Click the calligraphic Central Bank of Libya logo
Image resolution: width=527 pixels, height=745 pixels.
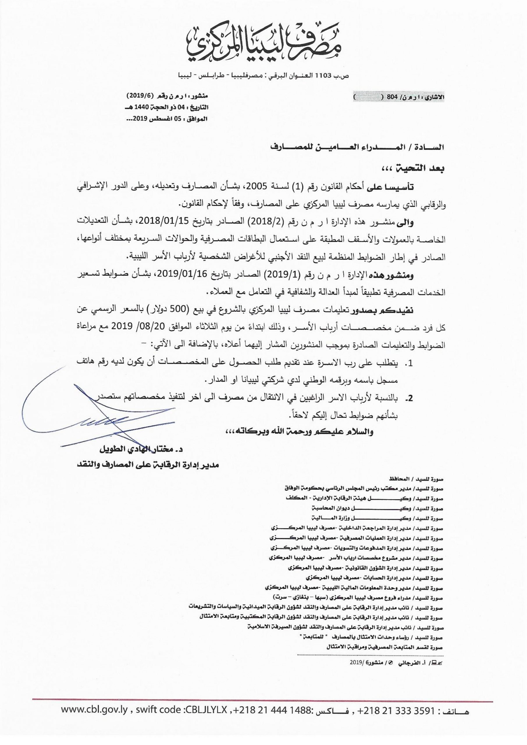263,45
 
